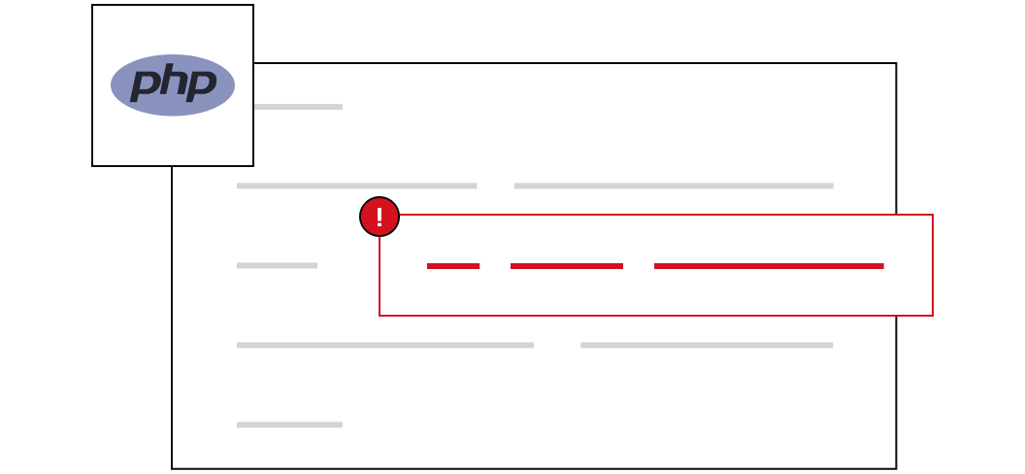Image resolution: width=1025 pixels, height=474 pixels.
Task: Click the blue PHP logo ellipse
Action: (x=173, y=85)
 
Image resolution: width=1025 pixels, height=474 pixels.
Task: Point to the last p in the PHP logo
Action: (x=200, y=85)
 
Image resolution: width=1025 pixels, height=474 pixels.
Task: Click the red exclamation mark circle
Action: (x=380, y=217)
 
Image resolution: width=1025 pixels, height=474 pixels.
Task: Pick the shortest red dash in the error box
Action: (x=453, y=266)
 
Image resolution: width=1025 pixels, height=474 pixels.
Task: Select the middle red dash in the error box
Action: (x=567, y=266)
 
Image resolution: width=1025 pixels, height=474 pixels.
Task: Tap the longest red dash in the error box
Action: (x=769, y=266)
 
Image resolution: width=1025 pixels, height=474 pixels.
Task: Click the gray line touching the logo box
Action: (x=298, y=107)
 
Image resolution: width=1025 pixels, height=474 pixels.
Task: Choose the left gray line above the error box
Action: (x=357, y=186)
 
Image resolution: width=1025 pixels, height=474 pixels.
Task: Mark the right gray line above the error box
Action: (x=674, y=186)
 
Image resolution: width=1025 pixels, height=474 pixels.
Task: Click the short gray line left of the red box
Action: (x=278, y=265)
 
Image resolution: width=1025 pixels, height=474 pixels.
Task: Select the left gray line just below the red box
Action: (x=385, y=345)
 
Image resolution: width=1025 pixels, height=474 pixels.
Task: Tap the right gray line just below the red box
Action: (x=707, y=345)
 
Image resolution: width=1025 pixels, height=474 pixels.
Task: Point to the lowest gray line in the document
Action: (x=289, y=425)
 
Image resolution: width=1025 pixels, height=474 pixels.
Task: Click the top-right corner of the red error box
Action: (x=932, y=215)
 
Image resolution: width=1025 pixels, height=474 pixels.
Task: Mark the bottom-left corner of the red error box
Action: (x=380, y=315)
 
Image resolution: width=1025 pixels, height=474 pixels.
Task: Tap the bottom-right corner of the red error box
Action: (x=932, y=315)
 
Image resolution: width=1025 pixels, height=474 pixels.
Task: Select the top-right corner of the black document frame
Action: (x=896, y=63)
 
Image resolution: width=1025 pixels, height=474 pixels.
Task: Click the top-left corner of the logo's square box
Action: (x=92, y=5)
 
